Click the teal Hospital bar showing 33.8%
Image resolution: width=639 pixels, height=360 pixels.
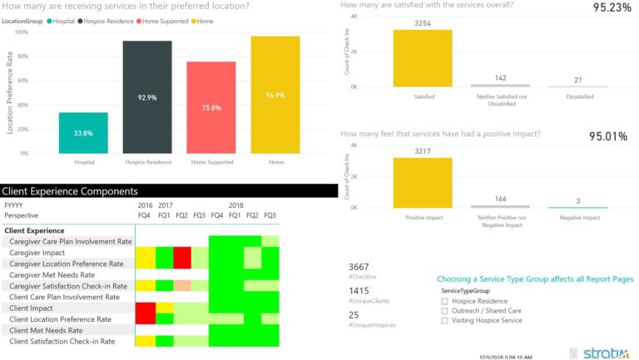coord(83,133)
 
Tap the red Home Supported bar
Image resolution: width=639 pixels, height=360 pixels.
coord(211,107)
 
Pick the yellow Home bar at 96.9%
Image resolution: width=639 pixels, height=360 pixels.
coord(275,95)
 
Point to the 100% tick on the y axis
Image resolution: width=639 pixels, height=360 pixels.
coord(22,32)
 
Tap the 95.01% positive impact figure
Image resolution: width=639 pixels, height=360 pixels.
coord(608,136)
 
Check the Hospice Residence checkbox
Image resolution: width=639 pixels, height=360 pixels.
coord(444,302)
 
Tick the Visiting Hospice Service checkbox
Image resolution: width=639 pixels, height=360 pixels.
coord(444,320)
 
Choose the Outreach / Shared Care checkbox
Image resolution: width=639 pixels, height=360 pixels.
coord(444,311)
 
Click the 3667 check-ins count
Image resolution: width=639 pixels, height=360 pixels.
coord(359,267)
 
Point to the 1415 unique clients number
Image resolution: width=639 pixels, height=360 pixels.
coord(359,291)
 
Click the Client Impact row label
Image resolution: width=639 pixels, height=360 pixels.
coord(32,308)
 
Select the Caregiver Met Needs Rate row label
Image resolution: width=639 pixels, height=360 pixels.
coord(52,274)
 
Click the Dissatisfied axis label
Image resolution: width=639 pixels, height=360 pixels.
coord(578,97)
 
